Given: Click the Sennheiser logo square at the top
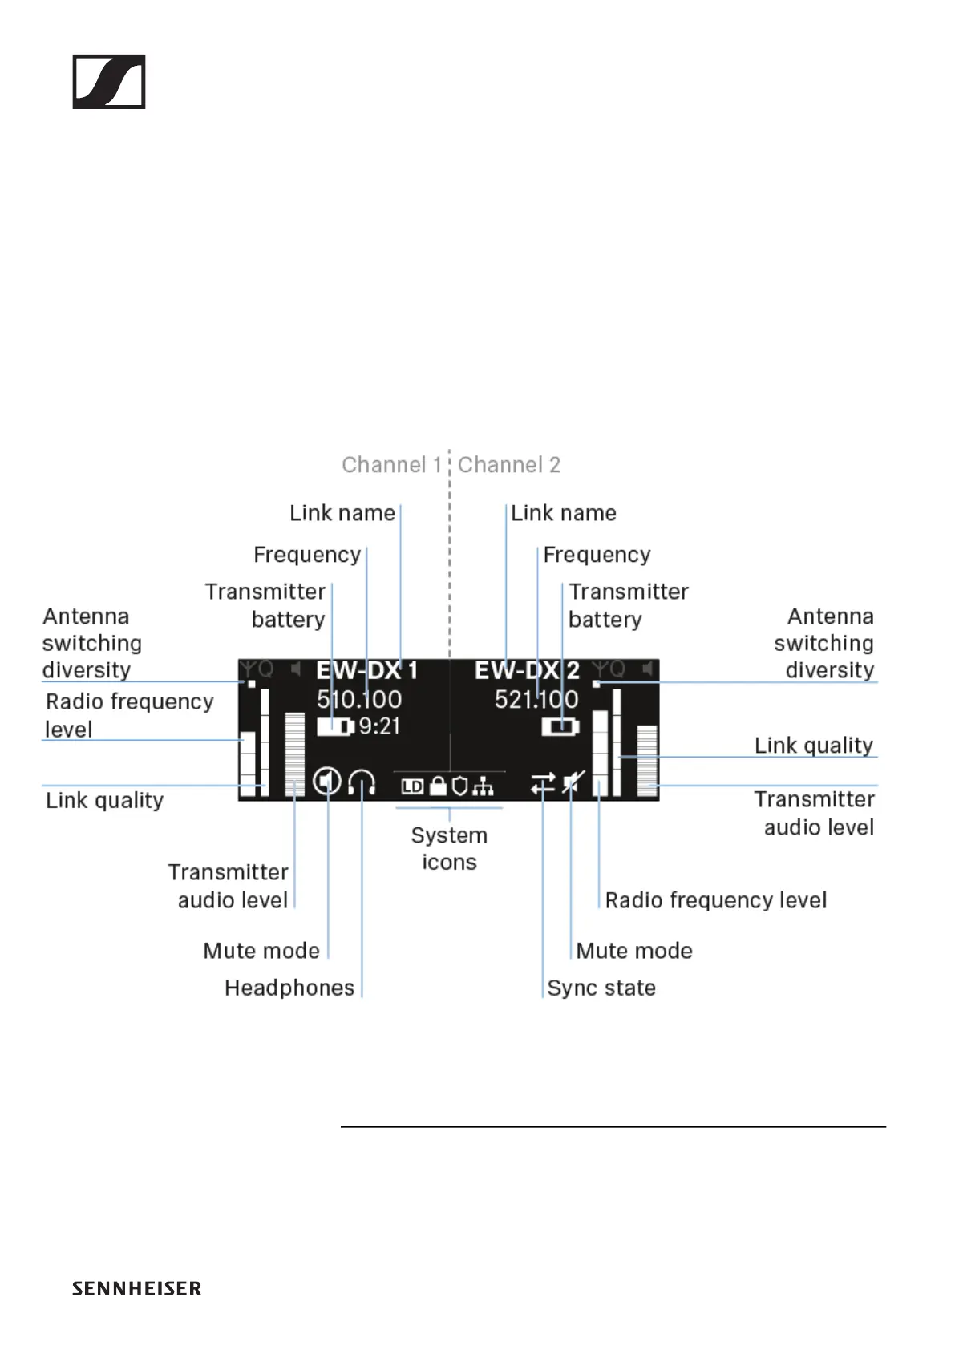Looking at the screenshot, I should click(109, 82).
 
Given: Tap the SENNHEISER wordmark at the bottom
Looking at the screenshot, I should click(136, 1288).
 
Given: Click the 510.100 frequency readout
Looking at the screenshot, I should click(359, 700).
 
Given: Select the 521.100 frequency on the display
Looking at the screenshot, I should click(536, 700).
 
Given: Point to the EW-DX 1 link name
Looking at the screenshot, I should click(366, 670).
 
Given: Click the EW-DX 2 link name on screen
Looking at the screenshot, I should click(526, 670).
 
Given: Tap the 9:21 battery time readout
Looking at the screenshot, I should click(379, 726).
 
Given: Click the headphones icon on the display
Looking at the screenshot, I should click(362, 782).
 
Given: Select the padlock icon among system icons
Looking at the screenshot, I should click(438, 786).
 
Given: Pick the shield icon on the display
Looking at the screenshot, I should click(459, 786).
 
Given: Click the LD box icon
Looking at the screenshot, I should click(412, 787).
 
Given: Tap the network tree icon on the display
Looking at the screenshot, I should click(483, 787).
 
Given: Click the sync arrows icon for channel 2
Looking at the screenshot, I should click(543, 783).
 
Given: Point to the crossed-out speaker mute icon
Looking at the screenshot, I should click(573, 782).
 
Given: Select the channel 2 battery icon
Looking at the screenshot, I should click(560, 727).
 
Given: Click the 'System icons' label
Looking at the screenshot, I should click(449, 848).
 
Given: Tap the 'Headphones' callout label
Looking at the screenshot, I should click(289, 988).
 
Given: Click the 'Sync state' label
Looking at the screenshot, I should click(601, 988).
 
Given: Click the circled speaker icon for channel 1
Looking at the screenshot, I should click(327, 781).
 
